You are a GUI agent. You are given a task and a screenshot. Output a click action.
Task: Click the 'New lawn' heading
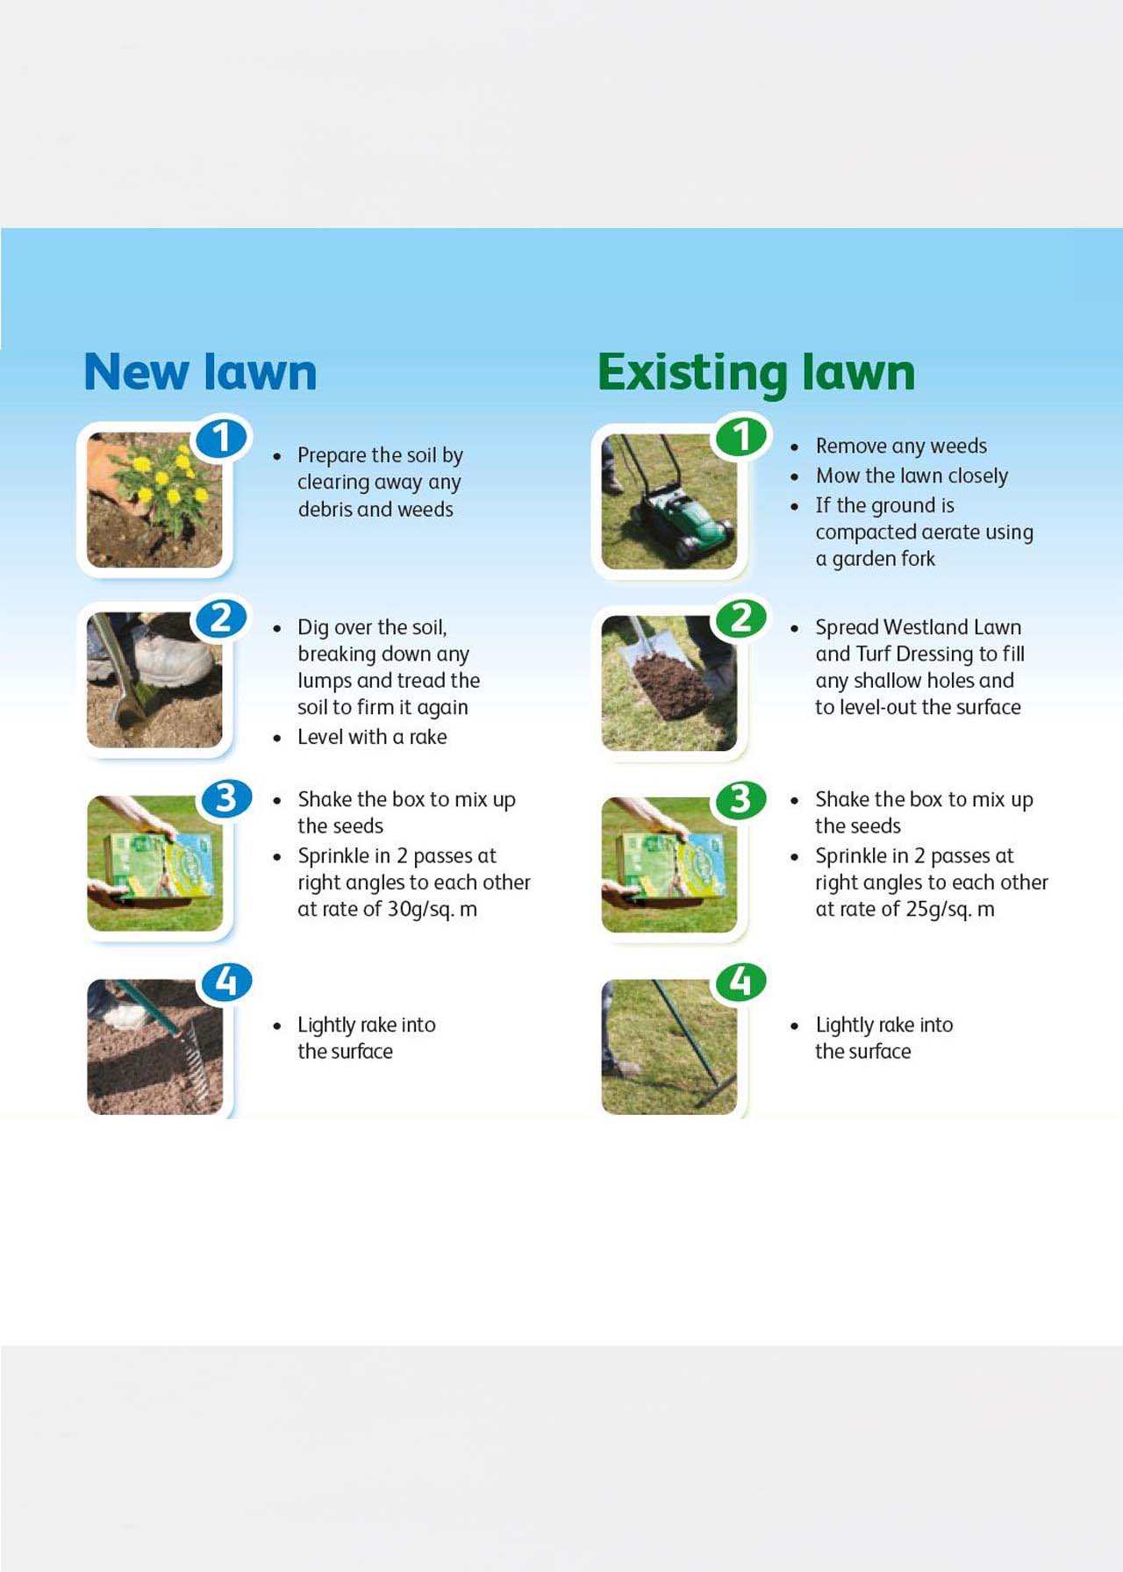(200, 372)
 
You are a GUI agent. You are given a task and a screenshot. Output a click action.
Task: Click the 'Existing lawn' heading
(755, 372)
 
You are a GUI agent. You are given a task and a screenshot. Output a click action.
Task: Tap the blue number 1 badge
(221, 438)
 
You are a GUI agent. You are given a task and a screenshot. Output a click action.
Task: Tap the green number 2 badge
(741, 618)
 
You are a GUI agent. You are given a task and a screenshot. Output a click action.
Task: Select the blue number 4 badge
(226, 982)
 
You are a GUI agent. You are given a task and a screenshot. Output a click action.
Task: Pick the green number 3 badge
(741, 799)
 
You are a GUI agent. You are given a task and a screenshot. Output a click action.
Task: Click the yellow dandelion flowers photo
(154, 499)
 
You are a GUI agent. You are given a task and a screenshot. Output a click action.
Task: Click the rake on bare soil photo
(154, 1047)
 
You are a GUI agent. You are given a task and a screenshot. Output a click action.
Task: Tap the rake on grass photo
(669, 1047)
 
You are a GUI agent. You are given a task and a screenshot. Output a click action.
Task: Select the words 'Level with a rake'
(372, 737)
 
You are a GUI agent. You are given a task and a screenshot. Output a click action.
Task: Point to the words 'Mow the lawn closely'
(912, 475)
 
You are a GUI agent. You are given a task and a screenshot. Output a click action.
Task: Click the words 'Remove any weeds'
(901, 446)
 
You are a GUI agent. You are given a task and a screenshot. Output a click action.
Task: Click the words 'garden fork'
(883, 559)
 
